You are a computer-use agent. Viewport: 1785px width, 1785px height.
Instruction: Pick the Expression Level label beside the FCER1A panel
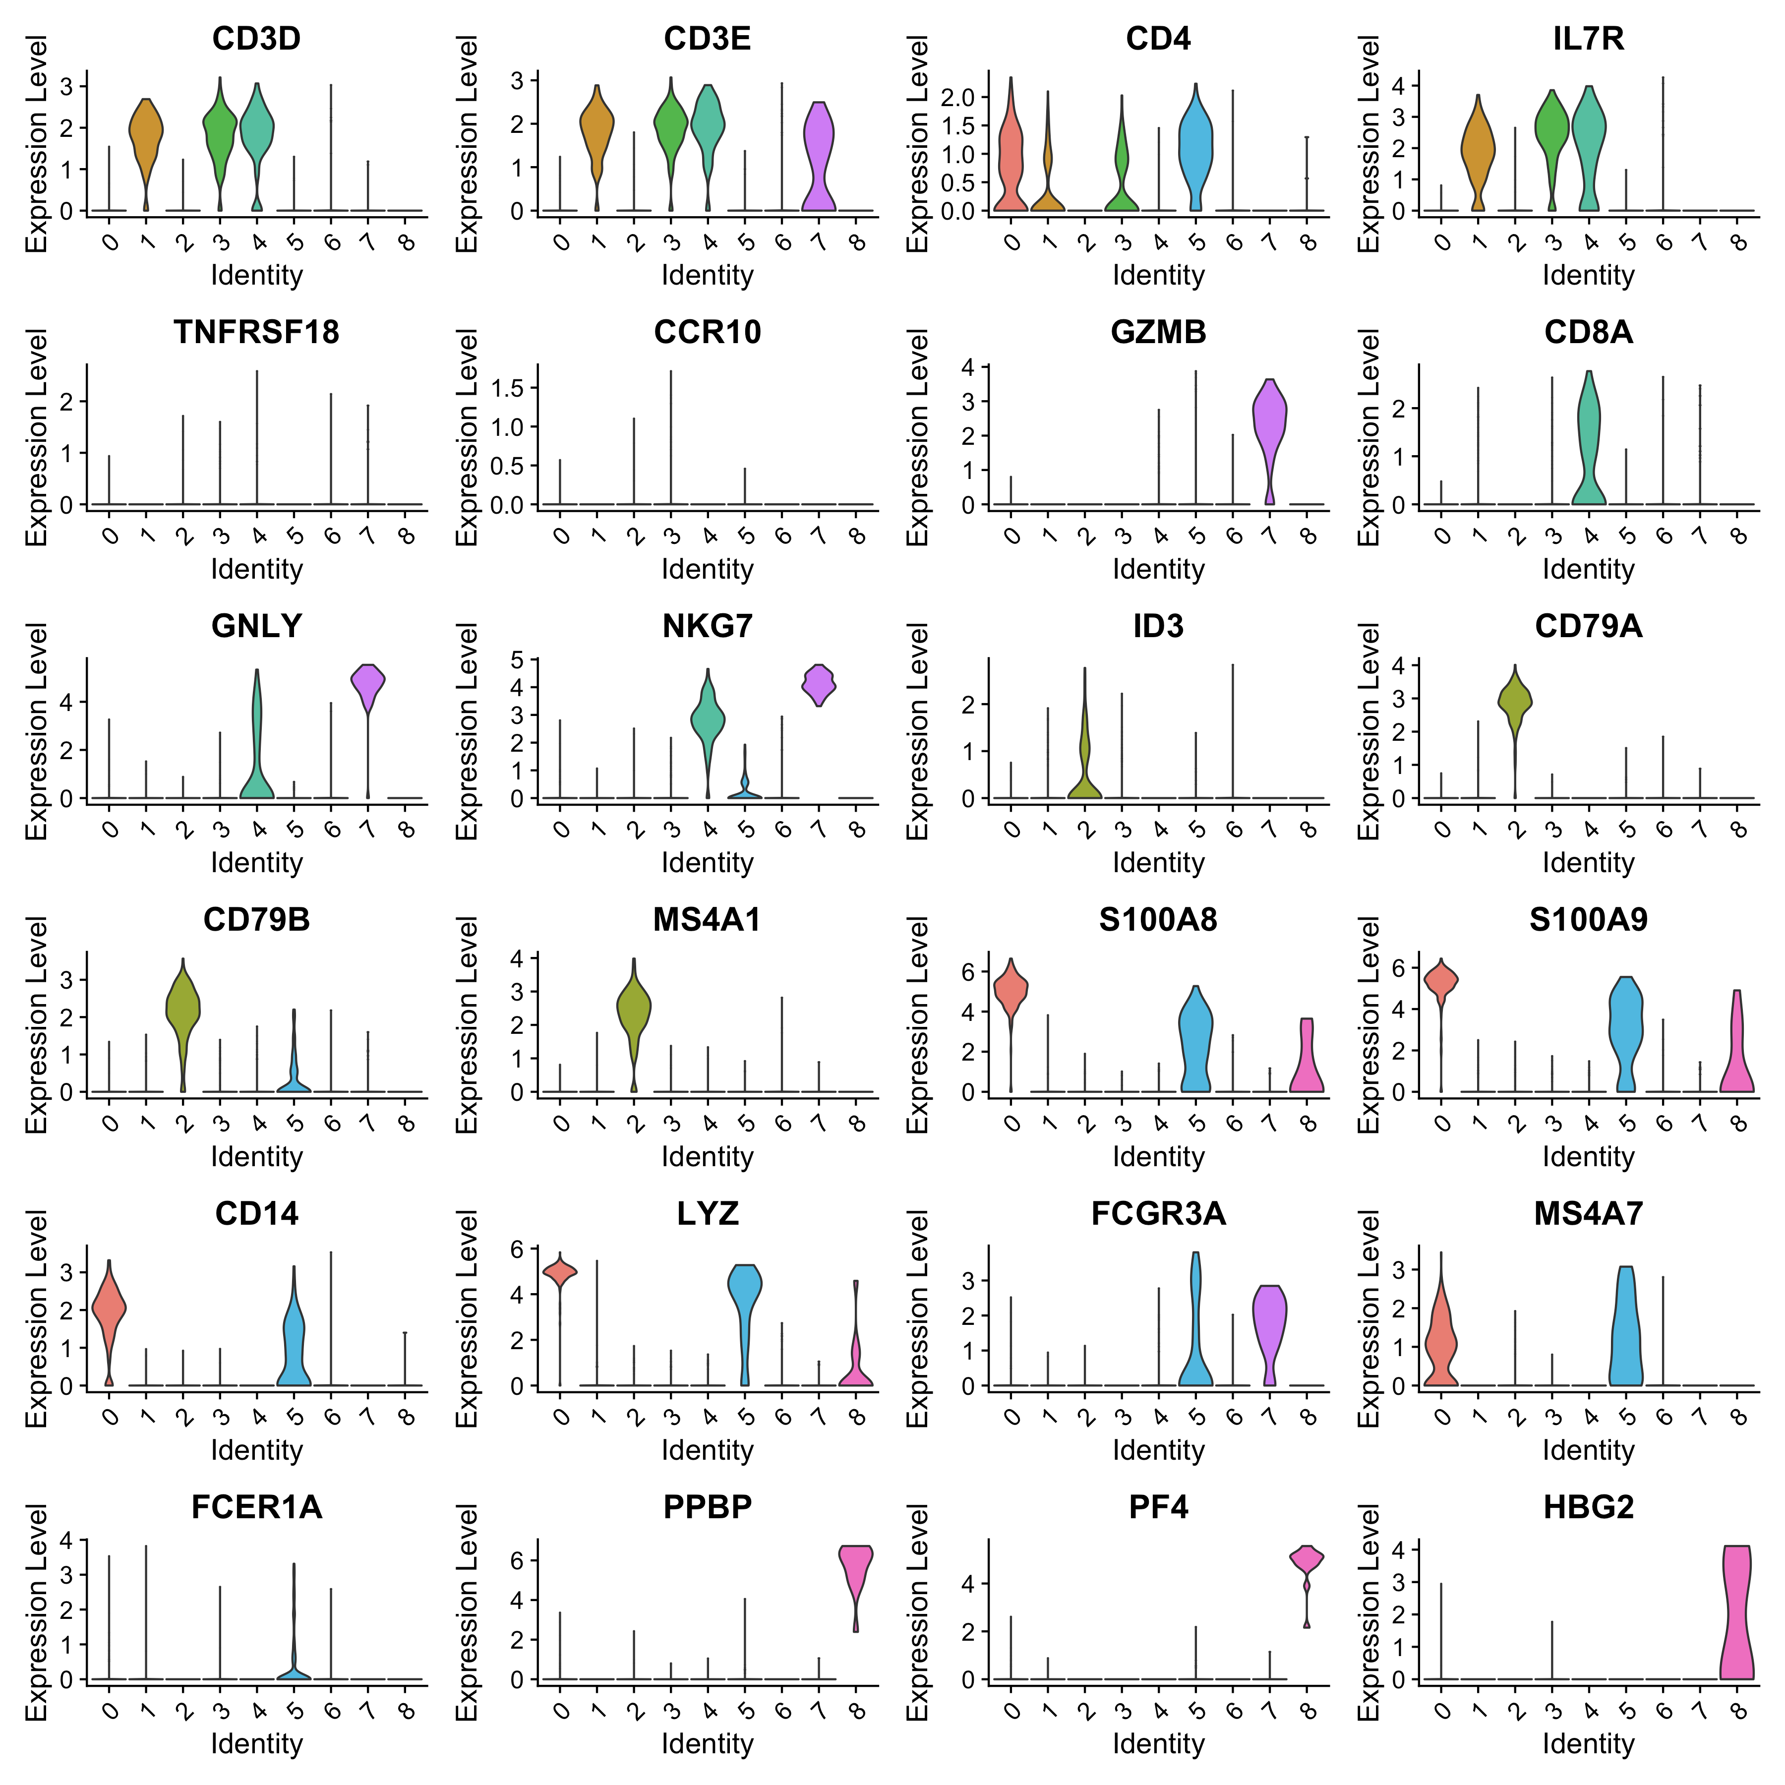click(35, 1612)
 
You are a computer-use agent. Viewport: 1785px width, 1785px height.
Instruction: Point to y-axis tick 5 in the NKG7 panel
click(517, 659)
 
